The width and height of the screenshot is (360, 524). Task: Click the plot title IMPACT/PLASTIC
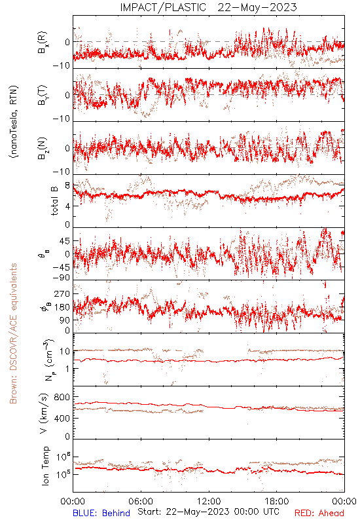click(x=163, y=7)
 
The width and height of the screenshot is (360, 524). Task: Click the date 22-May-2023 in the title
click(x=257, y=7)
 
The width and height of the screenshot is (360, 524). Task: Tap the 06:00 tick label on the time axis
click(x=141, y=501)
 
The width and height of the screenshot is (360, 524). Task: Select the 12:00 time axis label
click(x=209, y=501)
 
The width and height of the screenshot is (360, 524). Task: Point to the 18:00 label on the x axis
click(x=277, y=501)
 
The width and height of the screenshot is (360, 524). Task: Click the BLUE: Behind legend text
click(x=101, y=513)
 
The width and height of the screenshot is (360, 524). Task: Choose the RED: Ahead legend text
click(x=319, y=513)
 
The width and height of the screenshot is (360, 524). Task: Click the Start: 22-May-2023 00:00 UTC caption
click(x=208, y=512)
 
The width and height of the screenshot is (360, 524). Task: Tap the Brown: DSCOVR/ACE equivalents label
click(x=13, y=333)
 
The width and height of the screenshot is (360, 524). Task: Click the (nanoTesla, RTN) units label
click(x=14, y=121)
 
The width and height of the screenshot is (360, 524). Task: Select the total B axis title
click(x=54, y=200)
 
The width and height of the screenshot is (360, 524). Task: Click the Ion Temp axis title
click(x=45, y=466)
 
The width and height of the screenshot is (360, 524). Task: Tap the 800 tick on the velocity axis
click(x=62, y=397)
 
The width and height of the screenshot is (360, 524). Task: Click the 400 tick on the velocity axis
click(x=62, y=418)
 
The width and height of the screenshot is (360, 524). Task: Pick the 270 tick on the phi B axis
click(x=62, y=294)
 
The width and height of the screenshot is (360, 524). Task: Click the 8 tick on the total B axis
click(x=67, y=185)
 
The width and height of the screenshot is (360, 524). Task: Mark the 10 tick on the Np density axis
click(x=65, y=352)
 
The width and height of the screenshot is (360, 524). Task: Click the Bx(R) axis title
click(x=43, y=43)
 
